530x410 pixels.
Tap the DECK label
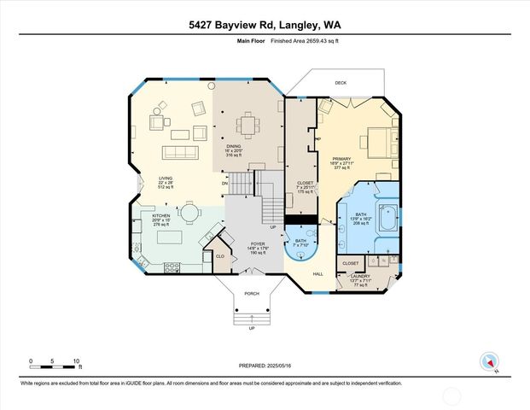(x=341, y=83)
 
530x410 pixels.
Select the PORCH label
(x=251, y=294)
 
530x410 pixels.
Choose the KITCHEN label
(x=161, y=216)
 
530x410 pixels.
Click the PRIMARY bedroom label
(x=342, y=159)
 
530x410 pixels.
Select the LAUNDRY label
(x=359, y=276)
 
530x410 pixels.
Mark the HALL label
(x=317, y=273)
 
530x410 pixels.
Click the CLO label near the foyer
(x=219, y=256)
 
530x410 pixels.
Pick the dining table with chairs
(x=249, y=126)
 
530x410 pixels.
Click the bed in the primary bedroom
(x=376, y=140)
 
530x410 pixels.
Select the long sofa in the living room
(x=181, y=152)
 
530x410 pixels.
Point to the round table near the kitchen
(x=188, y=211)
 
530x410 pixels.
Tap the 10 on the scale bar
(x=77, y=361)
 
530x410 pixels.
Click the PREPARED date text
(x=265, y=366)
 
